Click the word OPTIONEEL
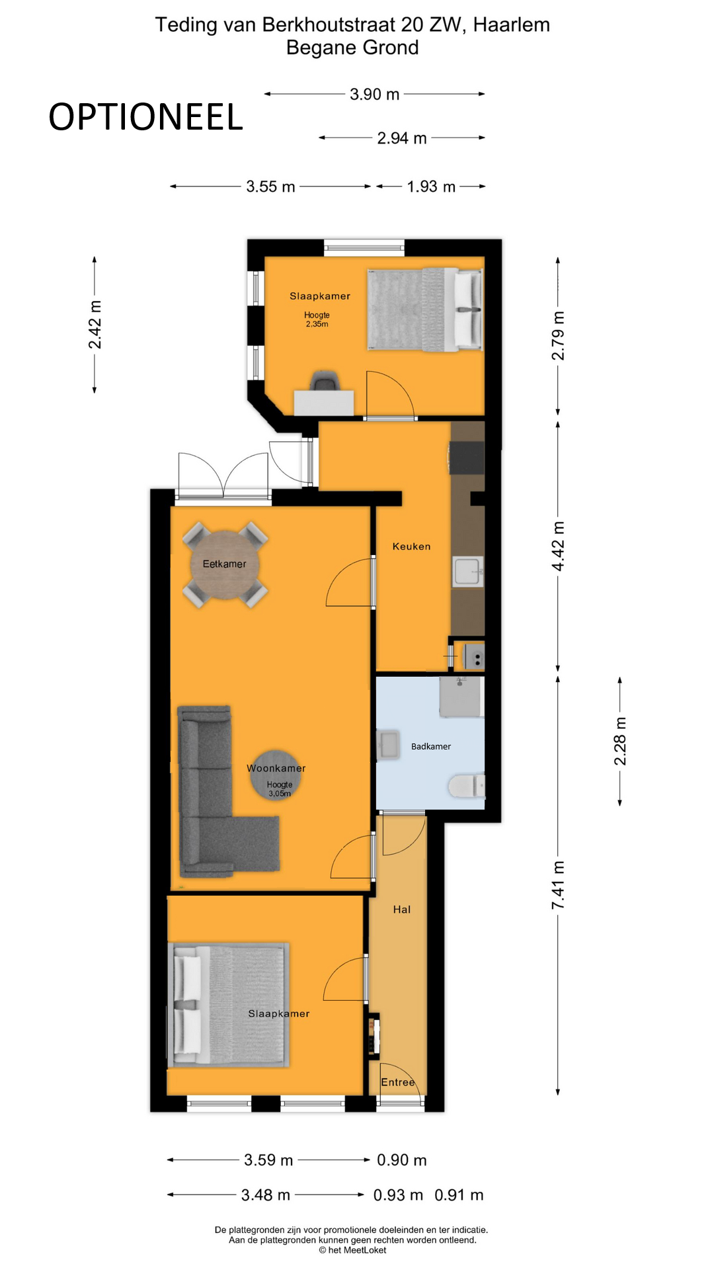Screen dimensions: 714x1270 [x=145, y=117]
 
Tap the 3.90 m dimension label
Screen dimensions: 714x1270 [x=374, y=95]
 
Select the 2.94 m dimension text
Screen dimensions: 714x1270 [x=401, y=138]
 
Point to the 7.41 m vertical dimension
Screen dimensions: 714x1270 [x=559, y=884]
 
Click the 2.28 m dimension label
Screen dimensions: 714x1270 [x=620, y=741]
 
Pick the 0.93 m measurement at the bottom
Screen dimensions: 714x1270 [x=398, y=1195]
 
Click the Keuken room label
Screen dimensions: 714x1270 [x=411, y=546]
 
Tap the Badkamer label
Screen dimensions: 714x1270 [x=431, y=746]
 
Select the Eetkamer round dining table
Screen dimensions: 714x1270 [x=225, y=564]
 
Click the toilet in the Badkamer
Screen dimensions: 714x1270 [x=467, y=786]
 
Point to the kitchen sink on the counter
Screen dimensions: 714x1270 [x=467, y=571]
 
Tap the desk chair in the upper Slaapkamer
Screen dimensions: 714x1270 [x=325, y=382]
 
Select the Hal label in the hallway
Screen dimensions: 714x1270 [x=402, y=910]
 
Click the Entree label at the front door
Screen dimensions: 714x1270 [x=398, y=1082]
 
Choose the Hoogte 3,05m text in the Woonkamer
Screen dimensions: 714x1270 [x=279, y=788]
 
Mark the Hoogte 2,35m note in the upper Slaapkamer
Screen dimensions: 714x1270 [x=317, y=319]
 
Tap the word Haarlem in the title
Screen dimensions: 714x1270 [x=511, y=25]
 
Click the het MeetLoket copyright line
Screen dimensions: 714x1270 [x=352, y=1249]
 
